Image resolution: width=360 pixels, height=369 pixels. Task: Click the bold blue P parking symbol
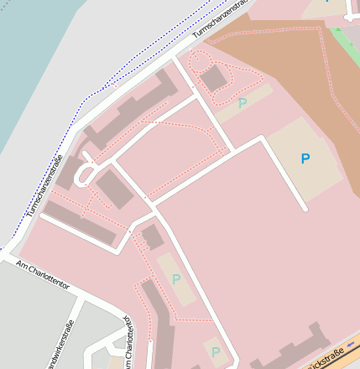tap(305, 158)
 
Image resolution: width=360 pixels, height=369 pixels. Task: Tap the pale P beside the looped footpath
tap(243, 103)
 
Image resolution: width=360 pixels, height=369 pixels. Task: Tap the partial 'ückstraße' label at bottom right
tap(329, 358)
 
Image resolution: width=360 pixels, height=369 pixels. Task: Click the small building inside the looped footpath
tap(214, 79)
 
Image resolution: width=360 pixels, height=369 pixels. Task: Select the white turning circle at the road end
tap(85, 174)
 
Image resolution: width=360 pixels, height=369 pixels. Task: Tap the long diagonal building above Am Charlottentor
tap(80, 221)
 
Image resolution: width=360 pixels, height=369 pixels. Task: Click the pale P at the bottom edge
tap(216, 352)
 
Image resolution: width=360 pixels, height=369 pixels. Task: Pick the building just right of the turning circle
tap(114, 188)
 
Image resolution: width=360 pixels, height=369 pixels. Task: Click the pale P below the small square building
tap(175, 279)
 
